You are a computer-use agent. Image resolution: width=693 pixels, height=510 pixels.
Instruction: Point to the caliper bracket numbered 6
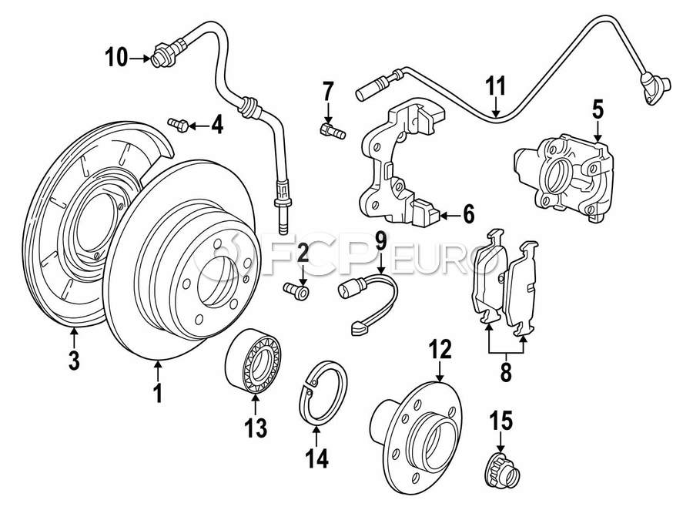(x=397, y=166)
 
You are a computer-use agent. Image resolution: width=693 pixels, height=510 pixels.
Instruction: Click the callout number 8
(x=505, y=374)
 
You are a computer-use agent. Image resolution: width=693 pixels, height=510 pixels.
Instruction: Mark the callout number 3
(x=73, y=361)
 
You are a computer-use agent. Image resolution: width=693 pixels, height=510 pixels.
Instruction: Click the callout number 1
(x=157, y=394)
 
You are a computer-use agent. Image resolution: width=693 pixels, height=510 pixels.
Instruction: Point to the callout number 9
(x=380, y=240)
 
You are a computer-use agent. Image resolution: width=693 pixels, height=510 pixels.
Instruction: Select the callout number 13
(x=254, y=425)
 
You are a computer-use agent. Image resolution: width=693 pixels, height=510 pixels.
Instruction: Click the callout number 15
(x=500, y=421)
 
